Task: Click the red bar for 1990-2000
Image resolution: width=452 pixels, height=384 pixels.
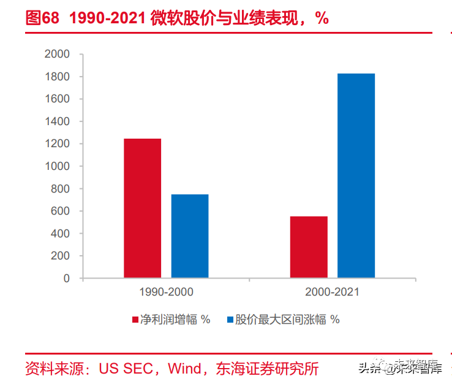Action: (x=143, y=208)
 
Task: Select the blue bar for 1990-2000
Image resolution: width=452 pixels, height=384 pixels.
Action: (x=190, y=236)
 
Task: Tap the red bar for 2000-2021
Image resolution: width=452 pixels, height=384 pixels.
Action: (x=309, y=247)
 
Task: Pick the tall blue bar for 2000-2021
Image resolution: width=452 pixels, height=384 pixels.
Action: (x=356, y=176)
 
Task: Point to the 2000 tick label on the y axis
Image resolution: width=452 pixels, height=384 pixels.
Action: (x=57, y=54)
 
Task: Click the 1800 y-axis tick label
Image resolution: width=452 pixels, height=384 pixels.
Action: (x=57, y=77)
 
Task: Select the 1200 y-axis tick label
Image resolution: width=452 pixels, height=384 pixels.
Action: (x=57, y=144)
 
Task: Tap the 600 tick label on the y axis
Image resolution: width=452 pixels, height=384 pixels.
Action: (x=60, y=211)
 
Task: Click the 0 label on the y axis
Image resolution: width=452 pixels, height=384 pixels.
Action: (x=67, y=278)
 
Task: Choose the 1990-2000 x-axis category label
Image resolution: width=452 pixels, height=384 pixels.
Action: (x=167, y=292)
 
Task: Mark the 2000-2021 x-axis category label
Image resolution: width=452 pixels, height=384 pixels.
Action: (x=333, y=292)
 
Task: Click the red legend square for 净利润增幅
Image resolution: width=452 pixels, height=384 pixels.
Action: (x=135, y=320)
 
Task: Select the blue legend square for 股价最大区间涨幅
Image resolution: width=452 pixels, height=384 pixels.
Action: (x=230, y=320)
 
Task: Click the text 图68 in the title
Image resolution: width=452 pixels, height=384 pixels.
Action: (x=42, y=18)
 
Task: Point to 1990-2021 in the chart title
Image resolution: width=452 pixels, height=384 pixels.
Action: (x=107, y=18)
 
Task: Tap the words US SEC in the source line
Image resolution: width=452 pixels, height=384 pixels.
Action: (x=126, y=369)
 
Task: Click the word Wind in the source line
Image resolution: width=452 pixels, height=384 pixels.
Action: (x=184, y=369)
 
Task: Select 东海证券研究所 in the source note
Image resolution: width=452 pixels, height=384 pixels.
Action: (x=267, y=369)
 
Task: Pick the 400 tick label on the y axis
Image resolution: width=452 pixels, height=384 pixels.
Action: (x=60, y=233)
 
